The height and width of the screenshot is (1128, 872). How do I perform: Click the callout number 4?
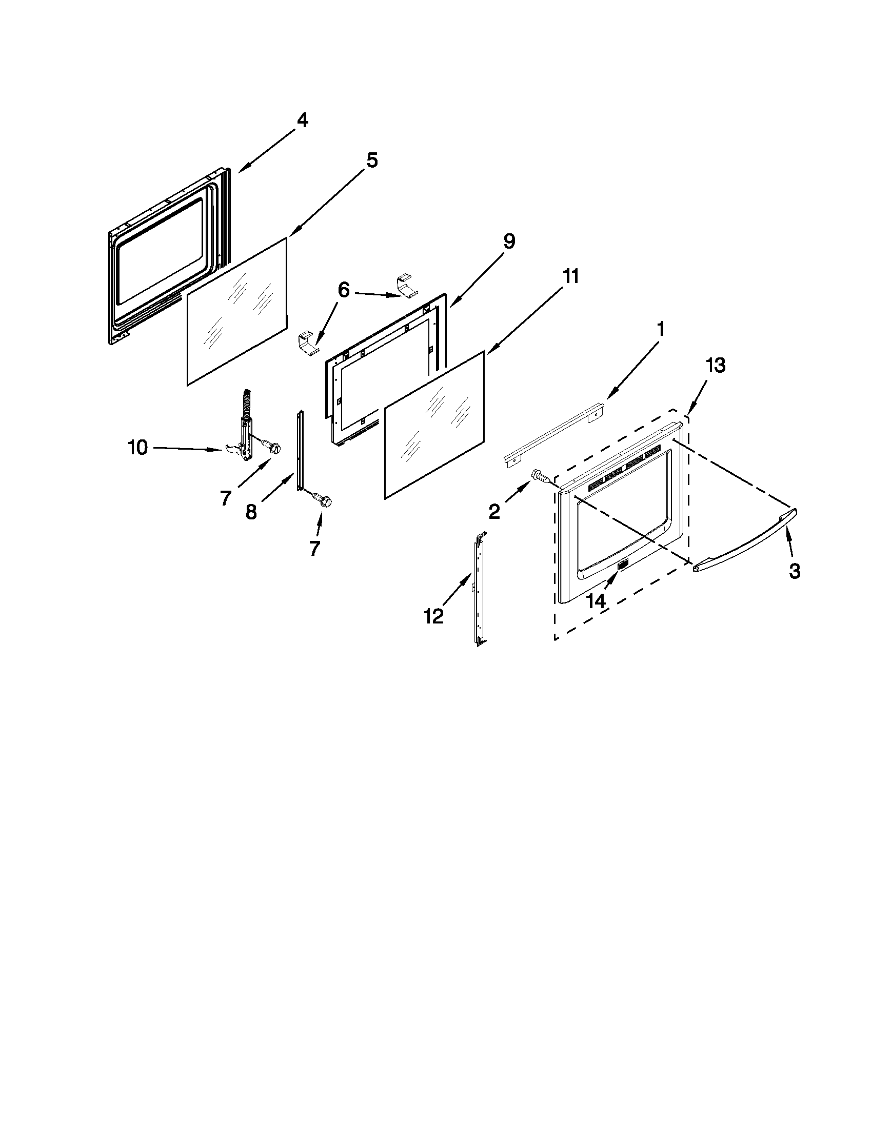point(302,121)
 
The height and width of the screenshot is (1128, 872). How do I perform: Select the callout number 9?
point(509,241)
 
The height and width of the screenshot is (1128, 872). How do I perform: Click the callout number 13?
point(716,366)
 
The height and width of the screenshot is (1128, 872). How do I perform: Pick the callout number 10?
point(137,448)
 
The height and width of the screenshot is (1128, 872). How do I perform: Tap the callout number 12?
point(433,616)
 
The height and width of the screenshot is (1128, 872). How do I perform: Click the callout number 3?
point(795,571)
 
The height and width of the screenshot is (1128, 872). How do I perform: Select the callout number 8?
point(251,513)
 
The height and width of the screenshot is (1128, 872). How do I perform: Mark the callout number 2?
point(494,511)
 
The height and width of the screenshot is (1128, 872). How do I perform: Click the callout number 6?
point(344,291)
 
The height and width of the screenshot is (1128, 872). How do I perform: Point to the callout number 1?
point(661,329)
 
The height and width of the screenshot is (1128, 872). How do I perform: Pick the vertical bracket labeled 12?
point(479,589)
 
